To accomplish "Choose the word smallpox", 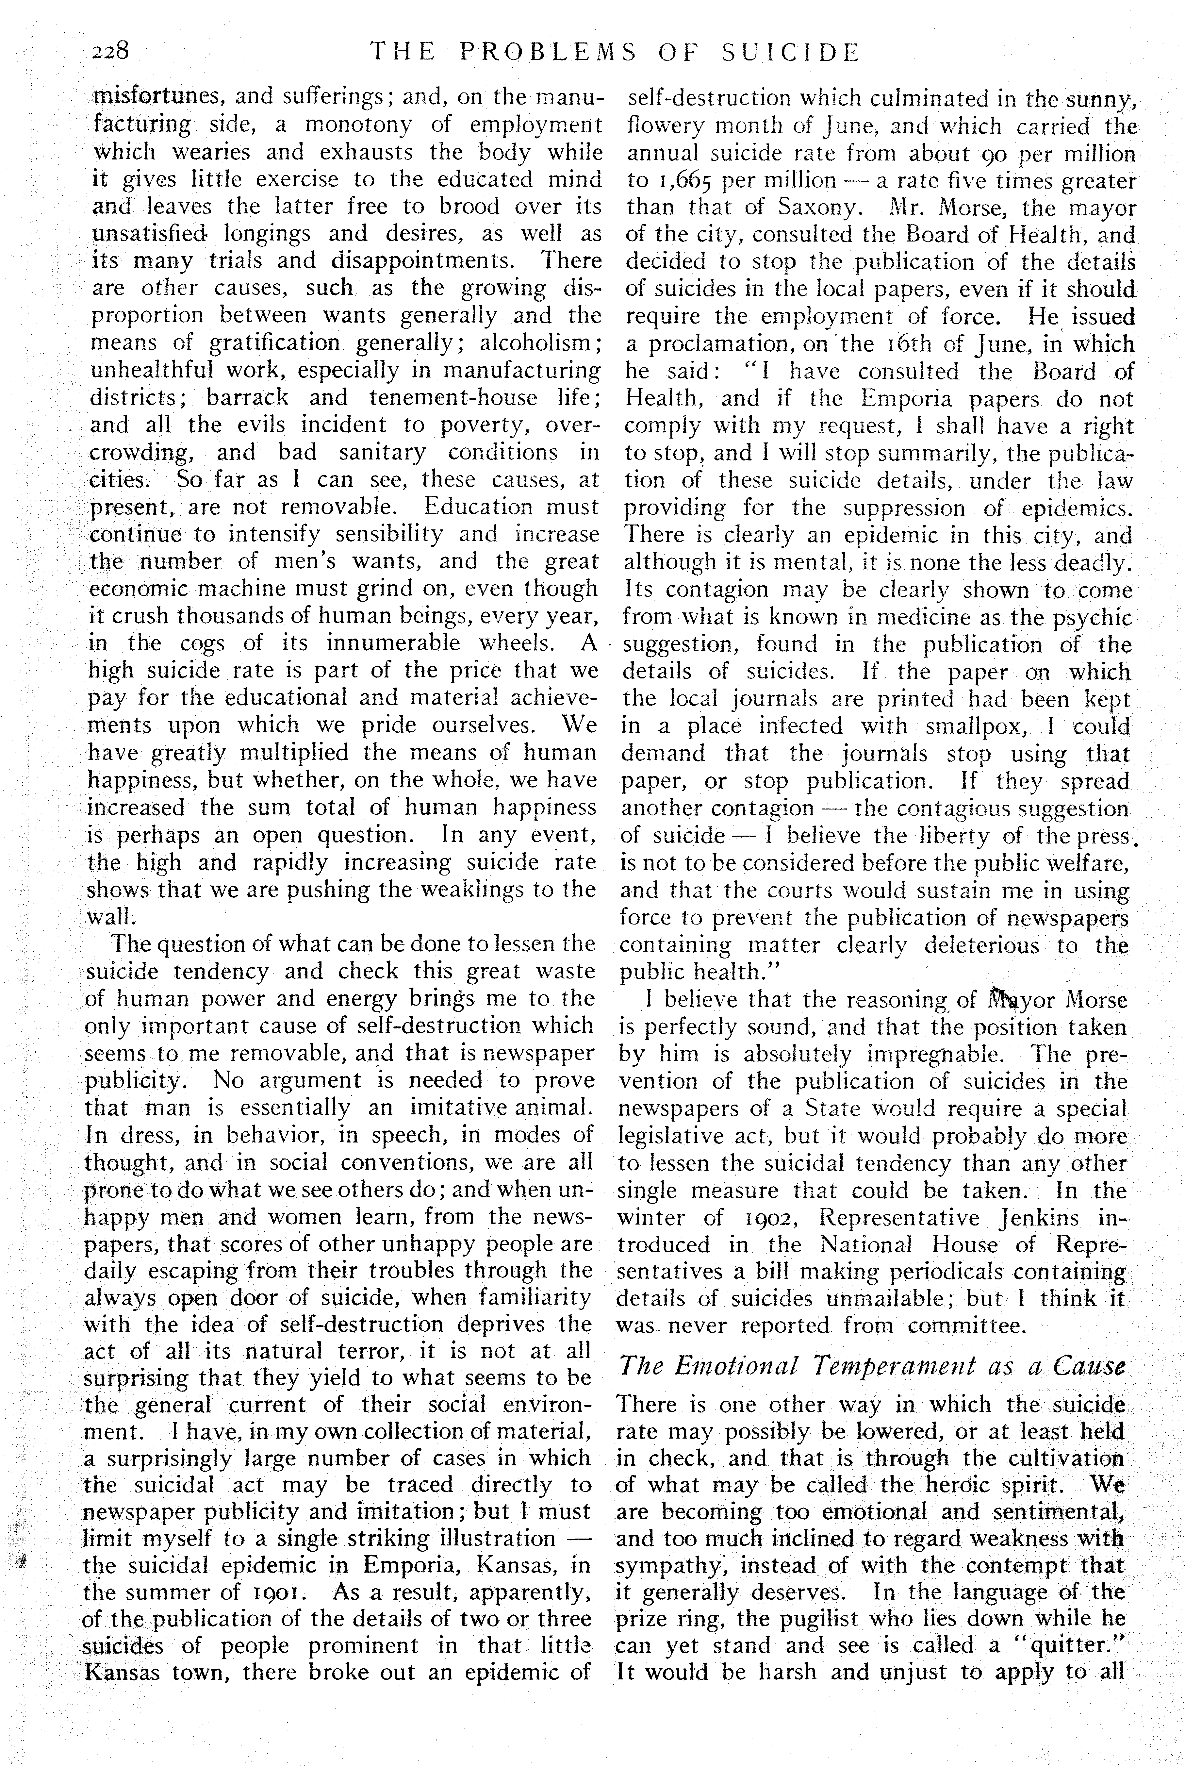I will point(973,726).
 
